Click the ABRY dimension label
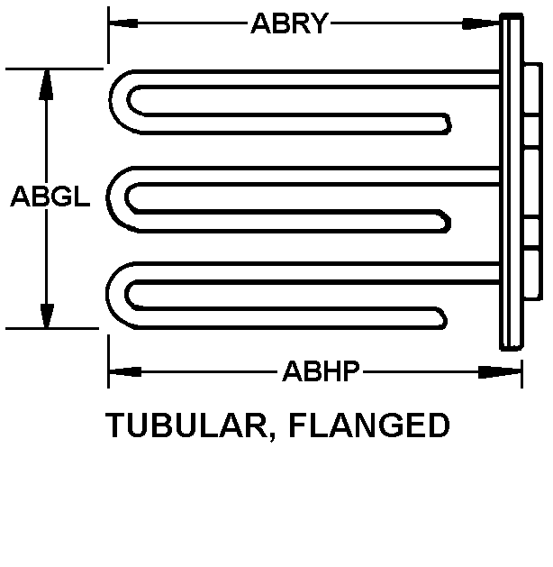[x=290, y=23]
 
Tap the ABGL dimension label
[x=50, y=197]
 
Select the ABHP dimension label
[x=322, y=371]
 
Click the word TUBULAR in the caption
[x=186, y=425]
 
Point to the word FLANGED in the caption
[x=369, y=425]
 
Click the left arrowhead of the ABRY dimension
[x=123, y=23]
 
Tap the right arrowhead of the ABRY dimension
[x=481, y=23]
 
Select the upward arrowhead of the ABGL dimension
[x=46, y=84]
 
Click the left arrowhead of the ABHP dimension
[x=125, y=371]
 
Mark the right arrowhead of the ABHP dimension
[x=500, y=372]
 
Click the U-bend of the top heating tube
[x=119, y=102]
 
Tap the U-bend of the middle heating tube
[x=115, y=198]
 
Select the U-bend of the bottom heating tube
[x=115, y=294]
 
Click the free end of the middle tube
[x=447, y=221]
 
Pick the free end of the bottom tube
[x=443, y=318]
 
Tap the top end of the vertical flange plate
[x=512, y=15]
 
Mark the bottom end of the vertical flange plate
[x=512, y=348]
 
